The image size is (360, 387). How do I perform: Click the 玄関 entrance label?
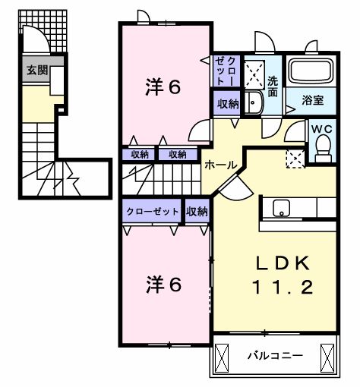pos(36,71)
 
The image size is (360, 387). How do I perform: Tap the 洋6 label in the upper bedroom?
pos(163,87)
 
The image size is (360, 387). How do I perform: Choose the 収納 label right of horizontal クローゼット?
pos(197,212)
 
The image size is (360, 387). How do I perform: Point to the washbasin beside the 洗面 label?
pos(255,105)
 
